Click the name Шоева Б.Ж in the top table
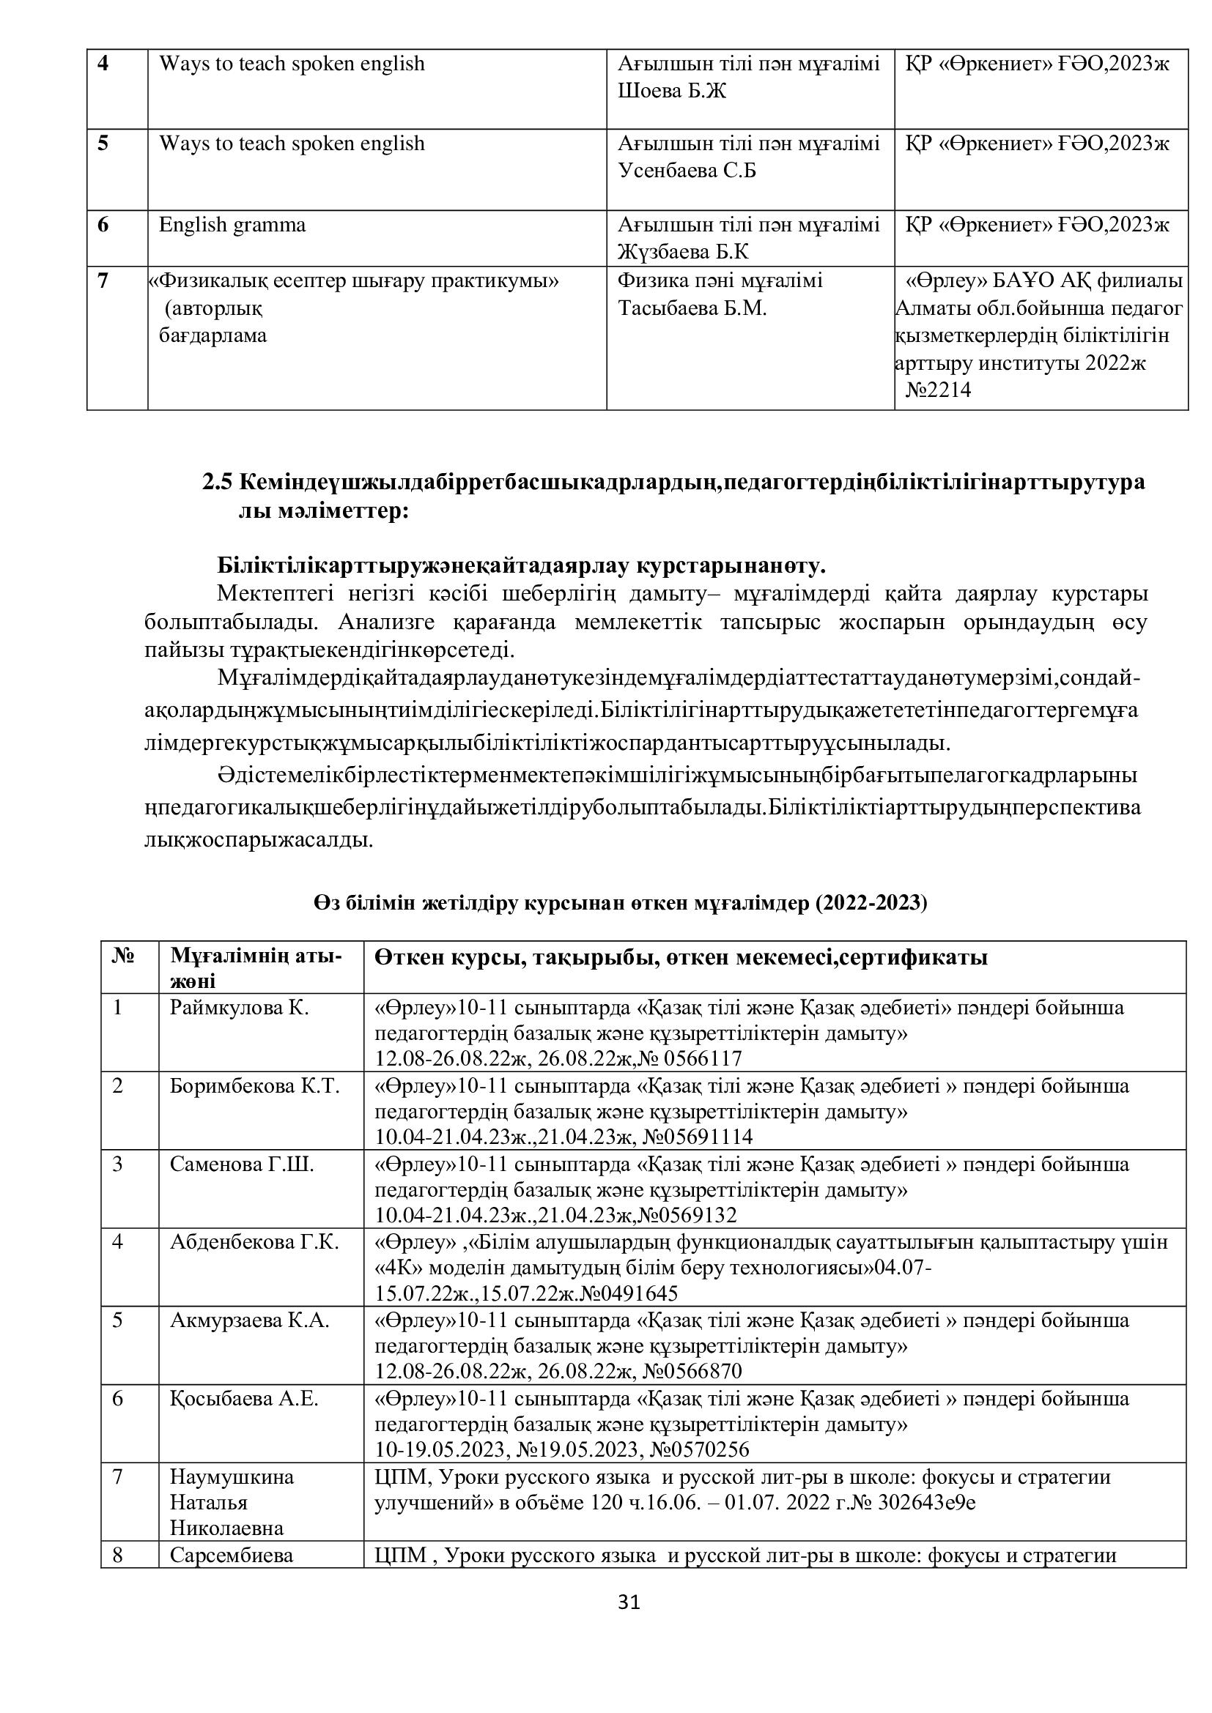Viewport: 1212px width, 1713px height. (672, 91)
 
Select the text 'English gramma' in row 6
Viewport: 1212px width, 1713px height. (232, 226)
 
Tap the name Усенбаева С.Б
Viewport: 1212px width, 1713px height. (687, 171)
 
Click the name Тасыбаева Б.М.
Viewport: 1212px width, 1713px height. (692, 308)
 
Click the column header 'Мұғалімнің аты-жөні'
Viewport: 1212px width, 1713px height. (256, 967)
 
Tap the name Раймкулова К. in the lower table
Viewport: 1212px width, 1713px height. (239, 1008)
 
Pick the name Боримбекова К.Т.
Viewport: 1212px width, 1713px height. (254, 1086)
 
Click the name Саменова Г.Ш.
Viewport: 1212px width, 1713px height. (242, 1164)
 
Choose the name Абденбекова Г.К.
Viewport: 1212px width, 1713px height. (254, 1242)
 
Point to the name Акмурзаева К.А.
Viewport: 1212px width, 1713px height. (249, 1320)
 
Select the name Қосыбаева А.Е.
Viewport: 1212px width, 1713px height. (244, 1399)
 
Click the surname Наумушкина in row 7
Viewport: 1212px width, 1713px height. (232, 1477)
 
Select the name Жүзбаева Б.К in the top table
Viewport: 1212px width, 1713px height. (683, 252)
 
